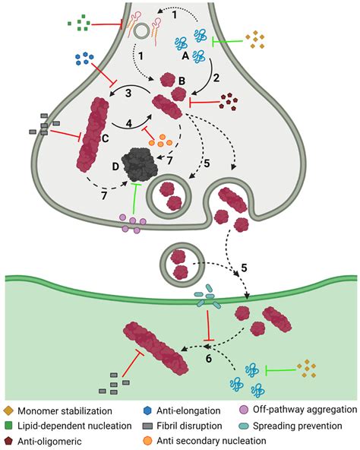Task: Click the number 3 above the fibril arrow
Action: pos(129,92)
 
